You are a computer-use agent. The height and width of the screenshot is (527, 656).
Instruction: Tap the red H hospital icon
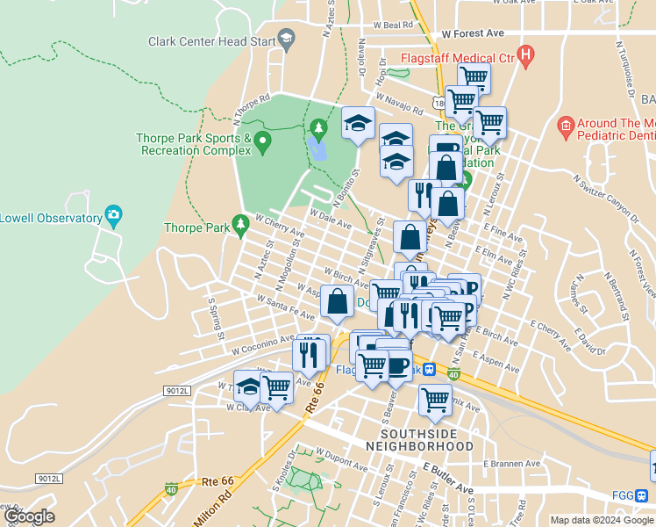(x=526, y=58)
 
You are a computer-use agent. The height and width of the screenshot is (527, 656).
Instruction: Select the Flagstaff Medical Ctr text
(x=456, y=59)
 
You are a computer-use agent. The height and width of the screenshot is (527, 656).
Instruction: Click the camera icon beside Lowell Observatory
(x=112, y=214)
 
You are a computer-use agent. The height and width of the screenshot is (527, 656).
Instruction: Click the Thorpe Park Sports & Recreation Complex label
(x=194, y=144)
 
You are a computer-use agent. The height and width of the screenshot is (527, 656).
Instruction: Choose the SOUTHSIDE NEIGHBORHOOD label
(x=425, y=440)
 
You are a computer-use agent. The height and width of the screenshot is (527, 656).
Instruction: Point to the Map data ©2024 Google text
(x=602, y=520)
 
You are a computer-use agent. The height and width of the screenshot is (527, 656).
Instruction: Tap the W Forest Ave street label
(x=473, y=33)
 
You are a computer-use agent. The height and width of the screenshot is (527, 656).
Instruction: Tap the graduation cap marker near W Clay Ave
(x=249, y=387)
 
